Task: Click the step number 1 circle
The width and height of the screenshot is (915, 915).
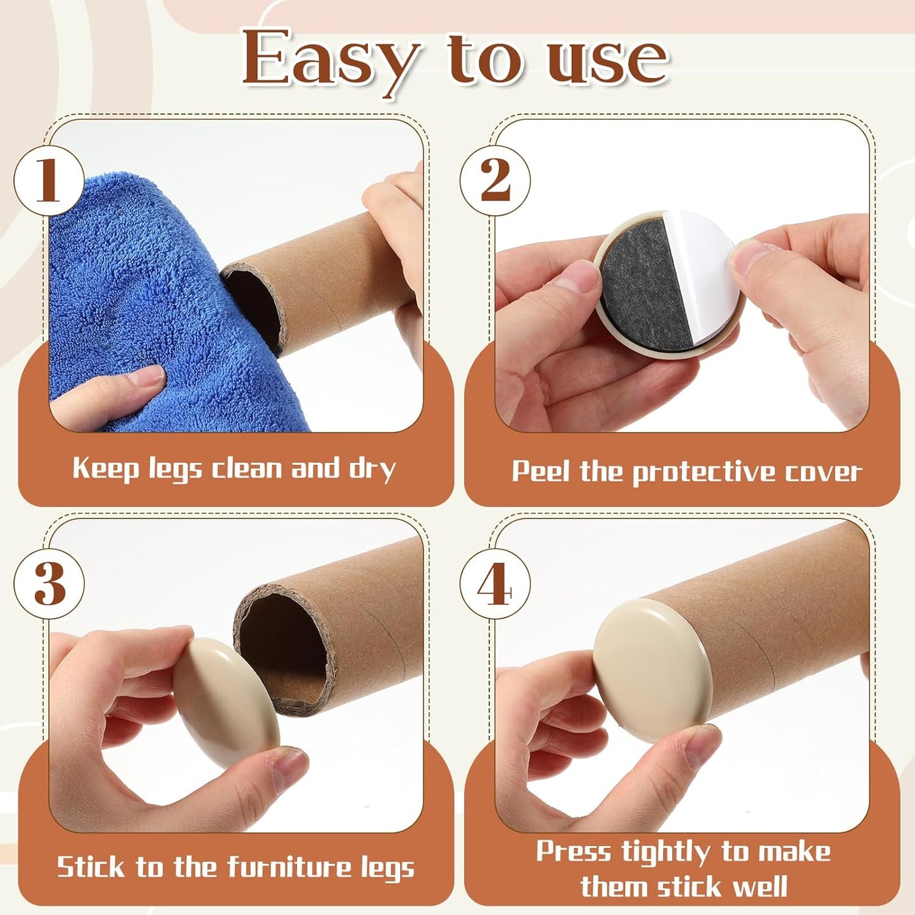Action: coord(49,181)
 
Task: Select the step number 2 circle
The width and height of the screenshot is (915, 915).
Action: coord(495,181)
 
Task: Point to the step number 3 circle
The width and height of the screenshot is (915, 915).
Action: coord(49,583)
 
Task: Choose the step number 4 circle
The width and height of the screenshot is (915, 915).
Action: coord(495,583)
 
